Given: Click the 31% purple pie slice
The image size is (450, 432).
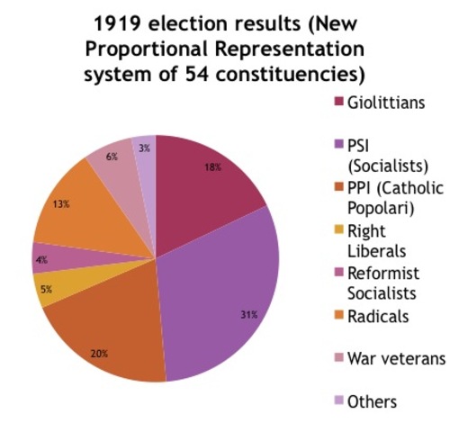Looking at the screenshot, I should pos(225,297).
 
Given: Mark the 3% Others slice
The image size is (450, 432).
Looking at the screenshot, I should pos(145,151).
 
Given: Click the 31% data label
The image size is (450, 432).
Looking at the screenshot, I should pos(249,314).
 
